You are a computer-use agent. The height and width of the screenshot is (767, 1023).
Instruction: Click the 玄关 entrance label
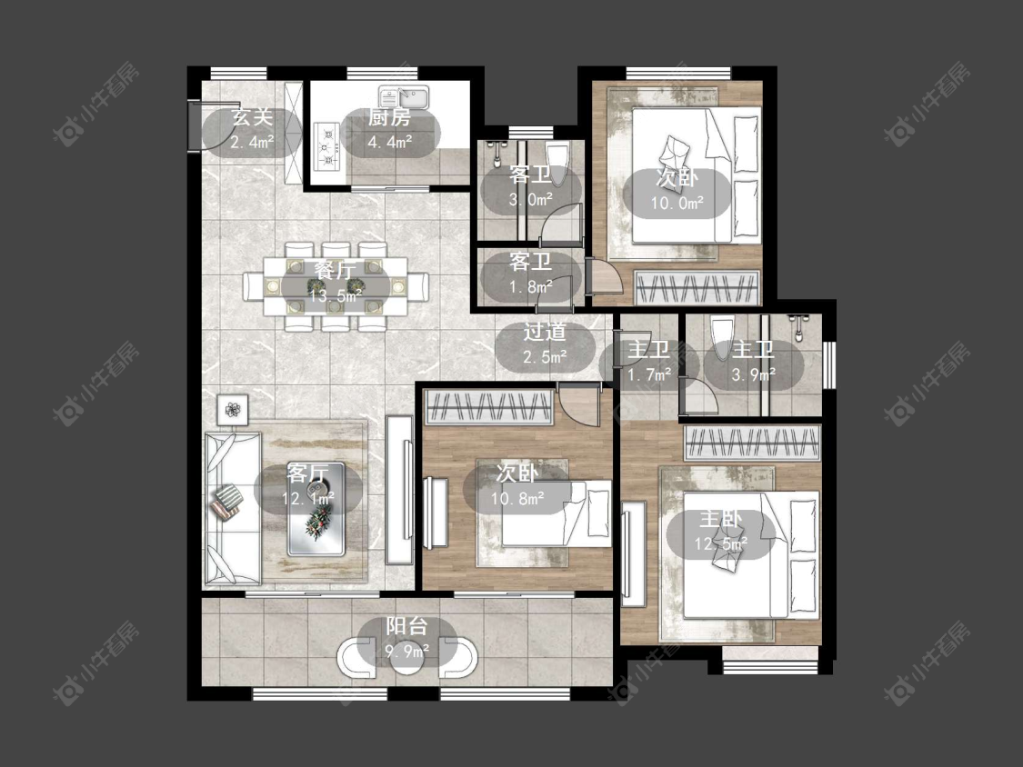click(252, 118)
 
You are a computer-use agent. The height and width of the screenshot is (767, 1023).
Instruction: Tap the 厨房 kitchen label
click(389, 118)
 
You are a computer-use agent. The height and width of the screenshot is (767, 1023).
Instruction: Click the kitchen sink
click(404, 98)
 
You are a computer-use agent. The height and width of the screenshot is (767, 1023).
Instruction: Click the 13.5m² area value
click(336, 294)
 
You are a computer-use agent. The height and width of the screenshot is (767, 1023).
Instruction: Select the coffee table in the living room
click(316, 509)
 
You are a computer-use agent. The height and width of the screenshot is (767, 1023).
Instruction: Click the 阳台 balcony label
click(406, 626)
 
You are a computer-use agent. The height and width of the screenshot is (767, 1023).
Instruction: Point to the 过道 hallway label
click(544, 332)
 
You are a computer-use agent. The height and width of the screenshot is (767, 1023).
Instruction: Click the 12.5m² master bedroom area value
click(720, 543)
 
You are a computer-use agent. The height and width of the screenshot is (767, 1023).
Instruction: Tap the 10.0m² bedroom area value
click(677, 202)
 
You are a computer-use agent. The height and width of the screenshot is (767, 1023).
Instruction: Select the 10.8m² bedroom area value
click(517, 498)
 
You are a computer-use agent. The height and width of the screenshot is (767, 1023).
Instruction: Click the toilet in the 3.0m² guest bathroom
click(557, 157)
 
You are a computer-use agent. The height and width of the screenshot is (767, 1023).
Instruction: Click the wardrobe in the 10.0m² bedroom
click(697, 287)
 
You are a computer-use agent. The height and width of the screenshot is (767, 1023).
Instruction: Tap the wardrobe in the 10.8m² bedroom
click(489, 406)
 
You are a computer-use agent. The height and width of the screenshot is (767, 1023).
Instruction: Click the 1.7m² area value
click(649, 374)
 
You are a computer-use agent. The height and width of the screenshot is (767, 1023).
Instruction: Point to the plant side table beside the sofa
click(233, 410)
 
